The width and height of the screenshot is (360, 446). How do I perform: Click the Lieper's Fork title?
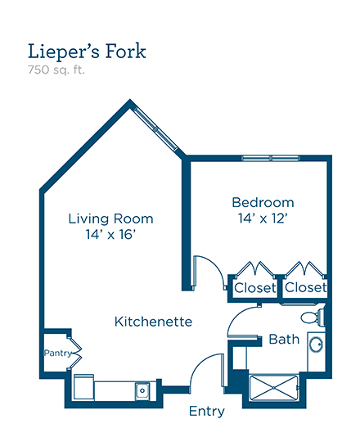[x=87, y=52]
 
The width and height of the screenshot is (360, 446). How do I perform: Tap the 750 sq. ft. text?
[x=56, y=70]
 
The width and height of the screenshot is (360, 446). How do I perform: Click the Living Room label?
[x=111, y=218]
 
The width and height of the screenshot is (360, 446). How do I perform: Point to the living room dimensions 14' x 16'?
[x=110, y=235]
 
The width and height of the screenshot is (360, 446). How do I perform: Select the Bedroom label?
[x=263, y=202]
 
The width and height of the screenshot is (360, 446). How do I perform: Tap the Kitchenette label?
[x=153, y=322]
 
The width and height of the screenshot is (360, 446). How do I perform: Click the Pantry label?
[x=58, y=353]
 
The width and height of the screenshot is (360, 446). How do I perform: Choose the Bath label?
[x=284, y=340]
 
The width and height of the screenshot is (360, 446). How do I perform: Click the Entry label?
[x=207, y=412]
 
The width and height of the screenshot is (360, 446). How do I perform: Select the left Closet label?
[x=255, y=288]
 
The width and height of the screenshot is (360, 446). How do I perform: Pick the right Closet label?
[x=306, y=287]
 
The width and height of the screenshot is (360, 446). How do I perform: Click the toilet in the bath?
[x=313, y=317]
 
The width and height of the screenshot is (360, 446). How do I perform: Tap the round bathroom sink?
[x=316, y=345]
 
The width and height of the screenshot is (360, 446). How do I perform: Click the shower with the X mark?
[x=273, y=388]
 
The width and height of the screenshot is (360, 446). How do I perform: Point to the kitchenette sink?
[x=142, y=391]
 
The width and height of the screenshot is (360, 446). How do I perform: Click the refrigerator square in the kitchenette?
[x=84, y=387]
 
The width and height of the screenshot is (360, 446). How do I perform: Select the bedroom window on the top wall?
[x=271, y=158]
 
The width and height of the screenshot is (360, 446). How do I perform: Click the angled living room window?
[x=155, y=128]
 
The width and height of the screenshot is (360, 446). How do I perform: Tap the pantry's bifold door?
[x=75, y=353]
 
